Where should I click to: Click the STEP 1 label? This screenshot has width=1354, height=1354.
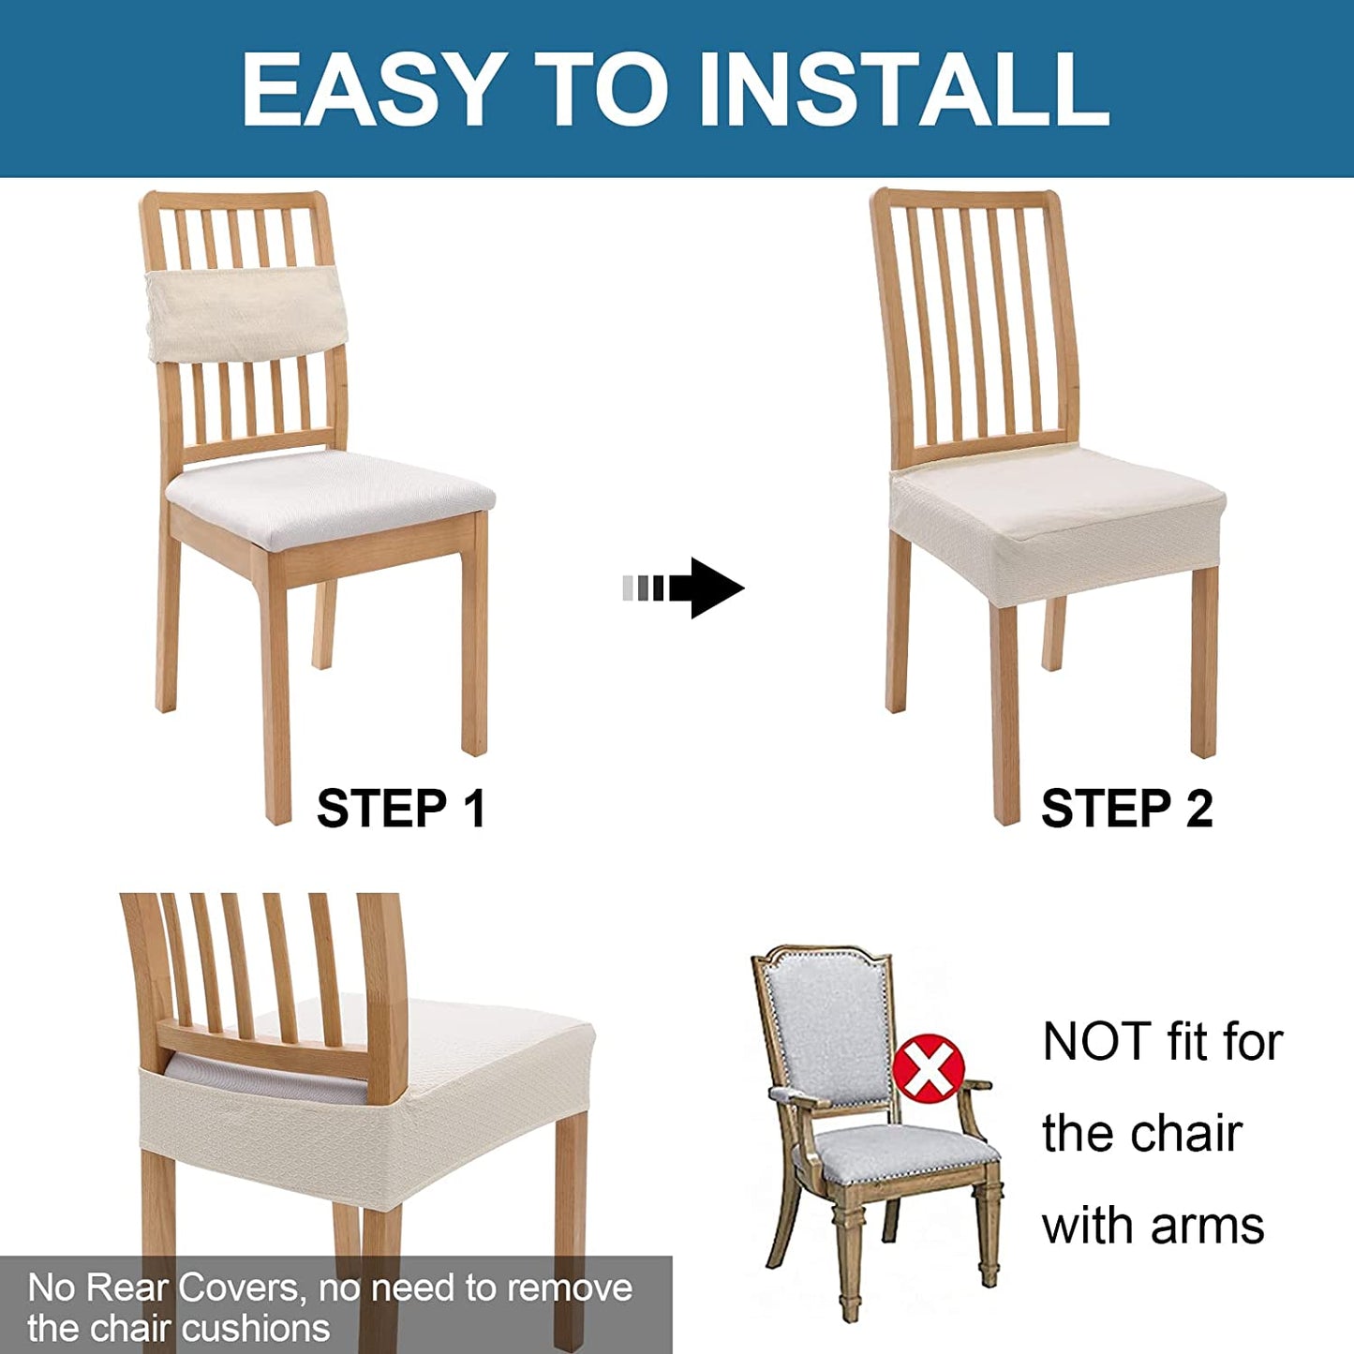401,808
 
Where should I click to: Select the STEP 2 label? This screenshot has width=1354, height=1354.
1126,808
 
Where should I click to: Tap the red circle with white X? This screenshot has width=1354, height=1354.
928,1068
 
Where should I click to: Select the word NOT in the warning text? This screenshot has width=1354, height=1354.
1097,1042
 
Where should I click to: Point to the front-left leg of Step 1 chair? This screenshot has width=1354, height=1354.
277,693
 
